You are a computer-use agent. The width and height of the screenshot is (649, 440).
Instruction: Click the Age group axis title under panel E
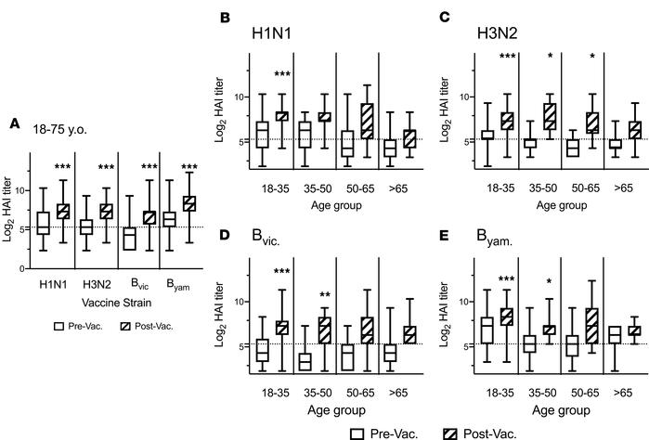541,408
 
